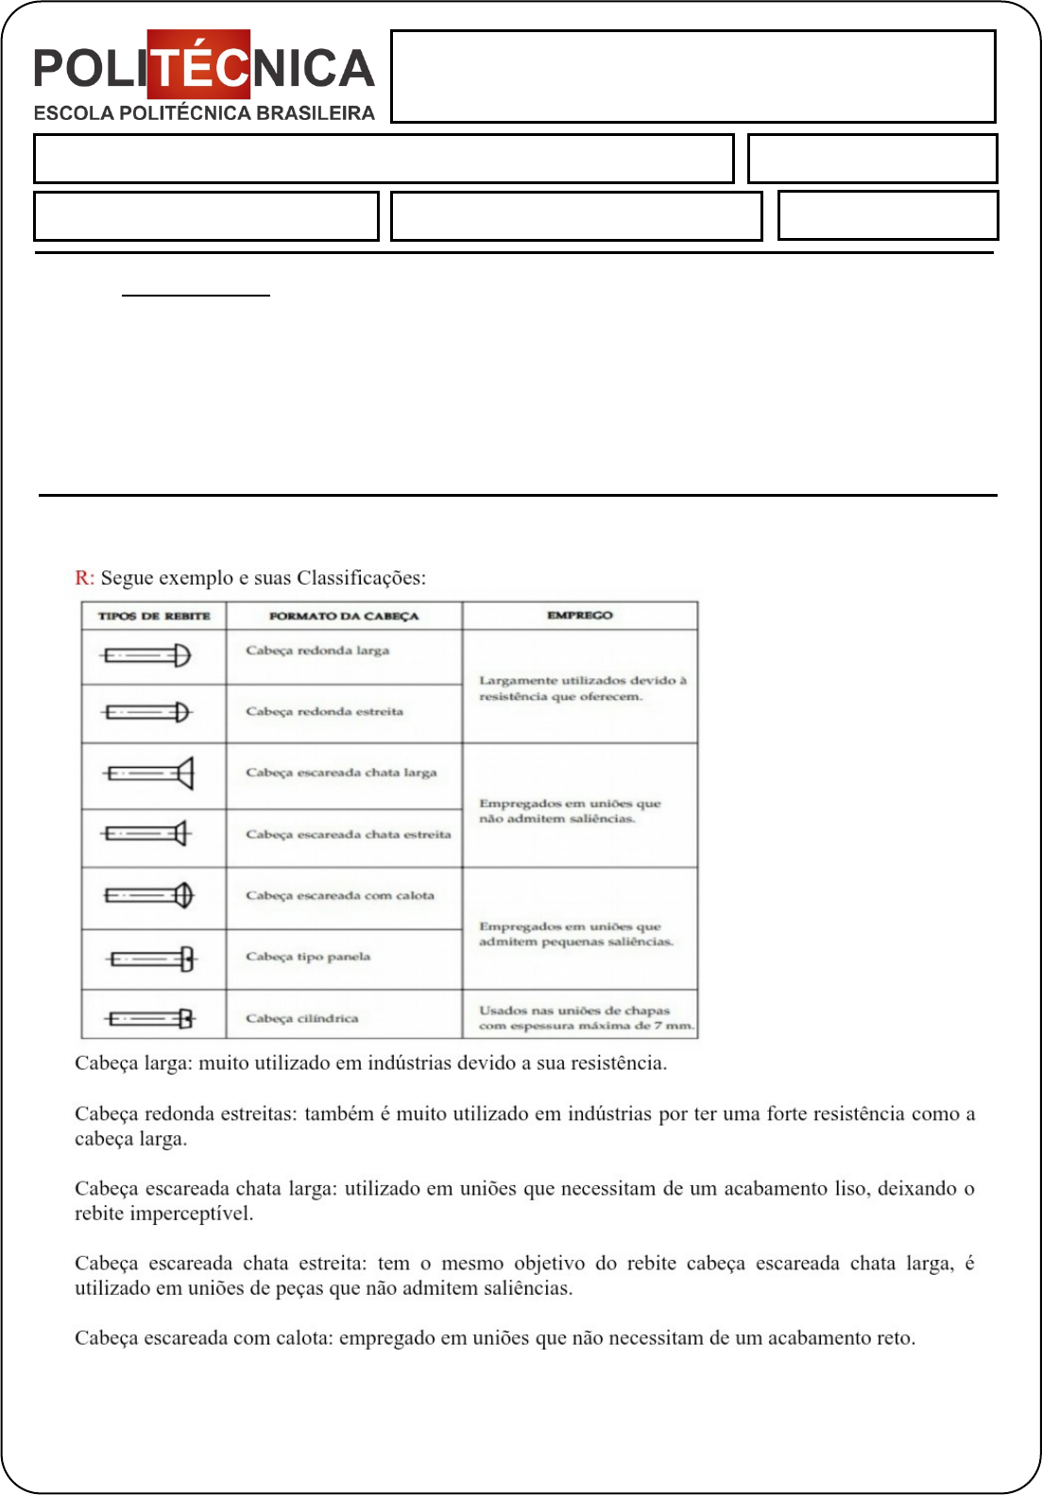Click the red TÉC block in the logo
[x=199, y=65]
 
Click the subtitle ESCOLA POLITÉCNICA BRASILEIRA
[x=204, y=113]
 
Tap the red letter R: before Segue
[x=84, y=578]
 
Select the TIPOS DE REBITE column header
[x=154, y=616]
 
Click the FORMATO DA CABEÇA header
[x=344, y=616]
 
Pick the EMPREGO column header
[x=580, y=615]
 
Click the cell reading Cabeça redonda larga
[x=317, y=651]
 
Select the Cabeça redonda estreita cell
[x=324, y=711]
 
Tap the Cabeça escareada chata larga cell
[x=341, y=773]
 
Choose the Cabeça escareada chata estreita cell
[x=348, y=835]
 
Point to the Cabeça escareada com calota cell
[x=340, y=895]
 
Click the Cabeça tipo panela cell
[x=308, y=957]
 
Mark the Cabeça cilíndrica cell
[x=302, y=1018]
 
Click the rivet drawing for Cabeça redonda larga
[x=147, y=655]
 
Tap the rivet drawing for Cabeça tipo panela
[x=153, y=960]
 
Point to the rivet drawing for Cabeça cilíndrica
[x=151, y=1018]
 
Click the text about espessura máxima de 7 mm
[x=586, y=1018]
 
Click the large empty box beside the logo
[x=692, y=76]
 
